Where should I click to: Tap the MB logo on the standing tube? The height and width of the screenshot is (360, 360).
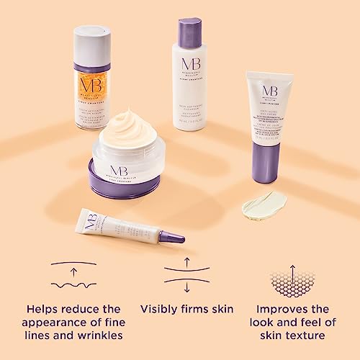click(x=269, y=91)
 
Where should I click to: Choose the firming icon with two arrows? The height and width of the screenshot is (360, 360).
click(x=186, y=274)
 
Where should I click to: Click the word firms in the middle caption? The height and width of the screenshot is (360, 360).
click(x=204, y=309)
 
